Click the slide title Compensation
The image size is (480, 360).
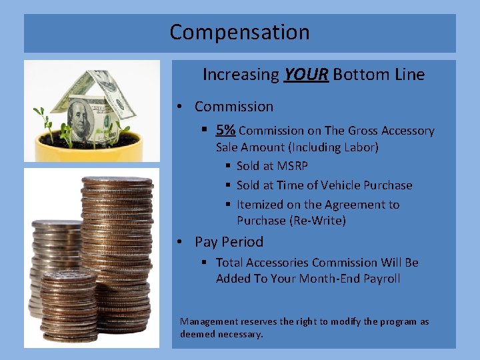(x=239, y=32)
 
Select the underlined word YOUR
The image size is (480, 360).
(x=305, y=75)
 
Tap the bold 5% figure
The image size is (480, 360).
(x=225, y=131)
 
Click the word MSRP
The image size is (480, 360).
(x=293, y=166)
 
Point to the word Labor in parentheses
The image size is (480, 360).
(x=357, y=147)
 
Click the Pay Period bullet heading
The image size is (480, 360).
(x=229, y=242)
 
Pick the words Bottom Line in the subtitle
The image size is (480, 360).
(x=379, y=75)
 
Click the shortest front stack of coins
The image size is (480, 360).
(x=67, y=307)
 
